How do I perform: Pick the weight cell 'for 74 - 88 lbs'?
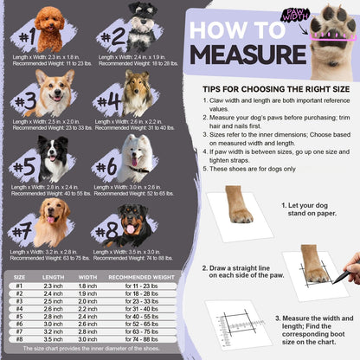pos(139,339)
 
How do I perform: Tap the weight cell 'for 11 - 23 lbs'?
pos(139,286)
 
